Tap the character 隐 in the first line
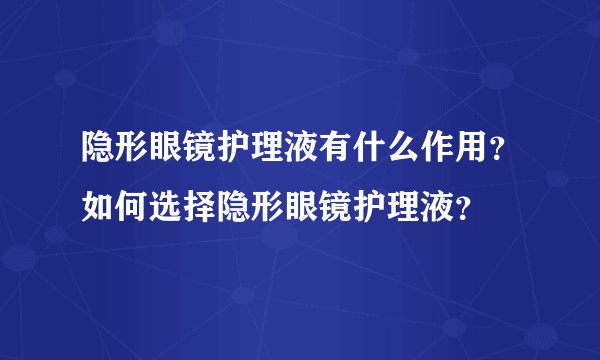(x=98, y=151)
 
